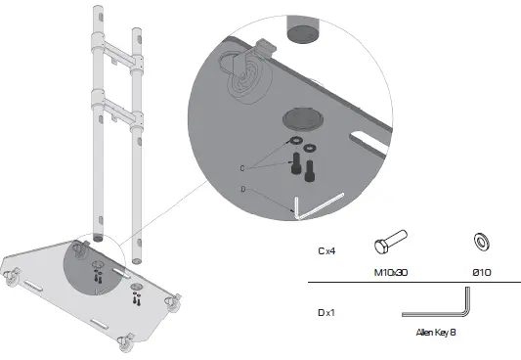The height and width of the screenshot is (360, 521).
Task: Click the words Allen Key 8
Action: tap(436, 333)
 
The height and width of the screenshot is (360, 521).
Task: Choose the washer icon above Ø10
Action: tap(480, 242)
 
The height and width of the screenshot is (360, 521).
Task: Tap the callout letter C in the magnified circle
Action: tap(241, 167)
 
